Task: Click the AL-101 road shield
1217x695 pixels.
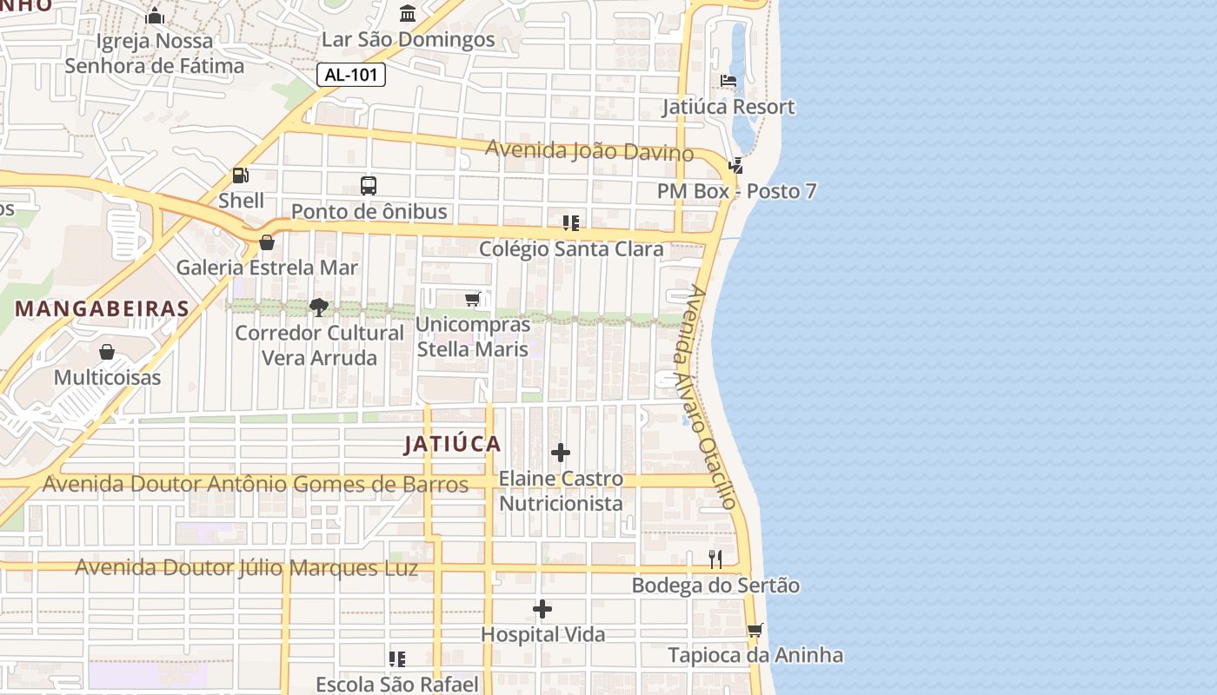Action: tap(350, 75)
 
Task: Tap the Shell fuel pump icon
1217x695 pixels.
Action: tap(240, 175)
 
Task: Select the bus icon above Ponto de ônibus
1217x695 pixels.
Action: tap(369, 185)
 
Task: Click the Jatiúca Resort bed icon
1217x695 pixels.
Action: tap(728, 81)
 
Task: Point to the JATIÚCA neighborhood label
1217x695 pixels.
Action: tap(453, 444)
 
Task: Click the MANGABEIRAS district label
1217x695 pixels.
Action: tap(103, 308)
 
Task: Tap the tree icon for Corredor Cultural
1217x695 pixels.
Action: tap(319, 307)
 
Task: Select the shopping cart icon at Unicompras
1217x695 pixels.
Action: tap(472, 300)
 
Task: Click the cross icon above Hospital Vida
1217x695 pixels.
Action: tap(542, 609)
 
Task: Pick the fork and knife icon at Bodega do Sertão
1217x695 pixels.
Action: tap(715, 559)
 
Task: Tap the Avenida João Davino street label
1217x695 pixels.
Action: tap(589, 151)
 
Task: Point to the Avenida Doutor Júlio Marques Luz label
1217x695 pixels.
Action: tap(246, 568)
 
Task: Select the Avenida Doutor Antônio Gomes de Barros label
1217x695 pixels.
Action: tap(256, 484)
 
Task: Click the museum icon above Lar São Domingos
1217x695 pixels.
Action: tap(407, 13)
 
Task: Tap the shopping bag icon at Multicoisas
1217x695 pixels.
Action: tap(107, 352)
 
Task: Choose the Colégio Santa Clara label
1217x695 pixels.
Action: tap(571, 249)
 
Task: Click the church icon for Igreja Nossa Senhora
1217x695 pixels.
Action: tap(155, 16)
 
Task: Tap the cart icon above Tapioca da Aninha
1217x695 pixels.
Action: tap(755, 630)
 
